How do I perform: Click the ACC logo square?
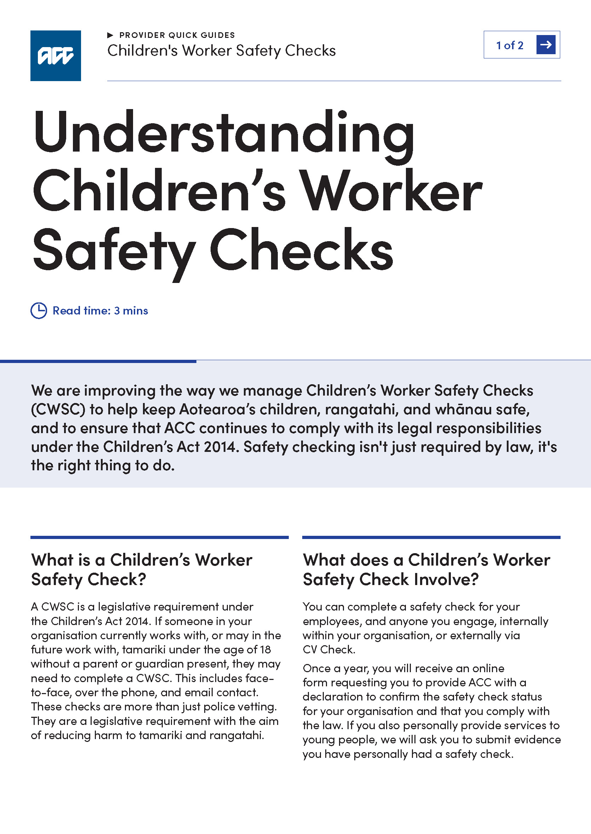55,55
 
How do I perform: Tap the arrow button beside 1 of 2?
545,45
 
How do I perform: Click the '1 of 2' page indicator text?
510,45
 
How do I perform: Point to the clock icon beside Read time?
39,311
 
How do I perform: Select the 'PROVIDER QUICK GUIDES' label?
177,35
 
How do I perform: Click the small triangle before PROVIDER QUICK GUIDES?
110,35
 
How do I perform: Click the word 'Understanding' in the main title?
223,133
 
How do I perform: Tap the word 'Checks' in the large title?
301,251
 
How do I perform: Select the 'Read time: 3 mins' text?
100,311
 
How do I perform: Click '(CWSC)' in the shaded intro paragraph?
58,409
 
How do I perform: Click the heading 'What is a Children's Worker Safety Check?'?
142,569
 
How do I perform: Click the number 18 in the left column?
265,649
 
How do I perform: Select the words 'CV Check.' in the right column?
329,649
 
